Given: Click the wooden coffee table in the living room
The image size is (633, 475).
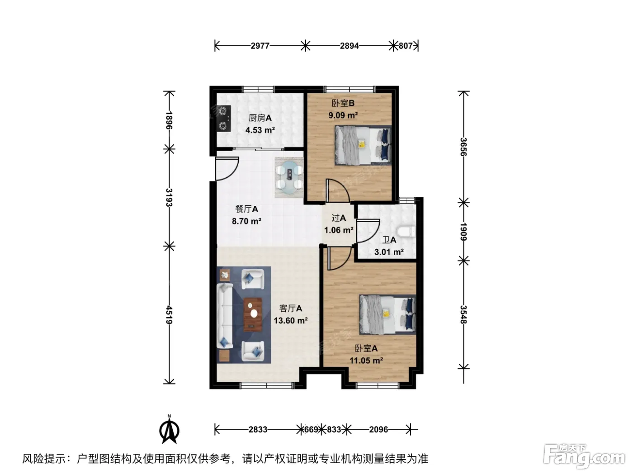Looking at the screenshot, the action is coord(253,314).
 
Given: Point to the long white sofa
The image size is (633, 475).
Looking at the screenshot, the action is coord(225,316).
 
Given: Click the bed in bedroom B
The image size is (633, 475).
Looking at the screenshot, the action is coord(363,145).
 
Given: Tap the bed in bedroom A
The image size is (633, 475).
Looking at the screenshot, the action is coord(387,314).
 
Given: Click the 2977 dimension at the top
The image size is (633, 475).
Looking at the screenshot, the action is coord(260,46).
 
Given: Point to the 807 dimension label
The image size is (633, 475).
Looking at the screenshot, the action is coord(406,46).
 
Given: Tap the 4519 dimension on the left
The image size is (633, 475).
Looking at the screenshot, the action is coord(169,315).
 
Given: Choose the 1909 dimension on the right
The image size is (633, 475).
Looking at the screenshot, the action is coord(463,232).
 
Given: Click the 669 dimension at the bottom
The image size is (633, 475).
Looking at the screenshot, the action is coord(311,429).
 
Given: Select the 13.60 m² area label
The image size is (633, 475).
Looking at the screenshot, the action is coord(291,320).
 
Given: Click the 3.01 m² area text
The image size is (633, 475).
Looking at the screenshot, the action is coord(389,252).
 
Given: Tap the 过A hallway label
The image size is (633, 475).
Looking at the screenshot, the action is coord(338,218).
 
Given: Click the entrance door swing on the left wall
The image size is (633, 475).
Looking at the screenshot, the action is coord(227,169).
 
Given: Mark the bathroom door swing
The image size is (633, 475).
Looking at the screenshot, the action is coord(368,231).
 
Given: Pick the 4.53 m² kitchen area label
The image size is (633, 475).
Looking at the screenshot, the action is coord(260,130).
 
